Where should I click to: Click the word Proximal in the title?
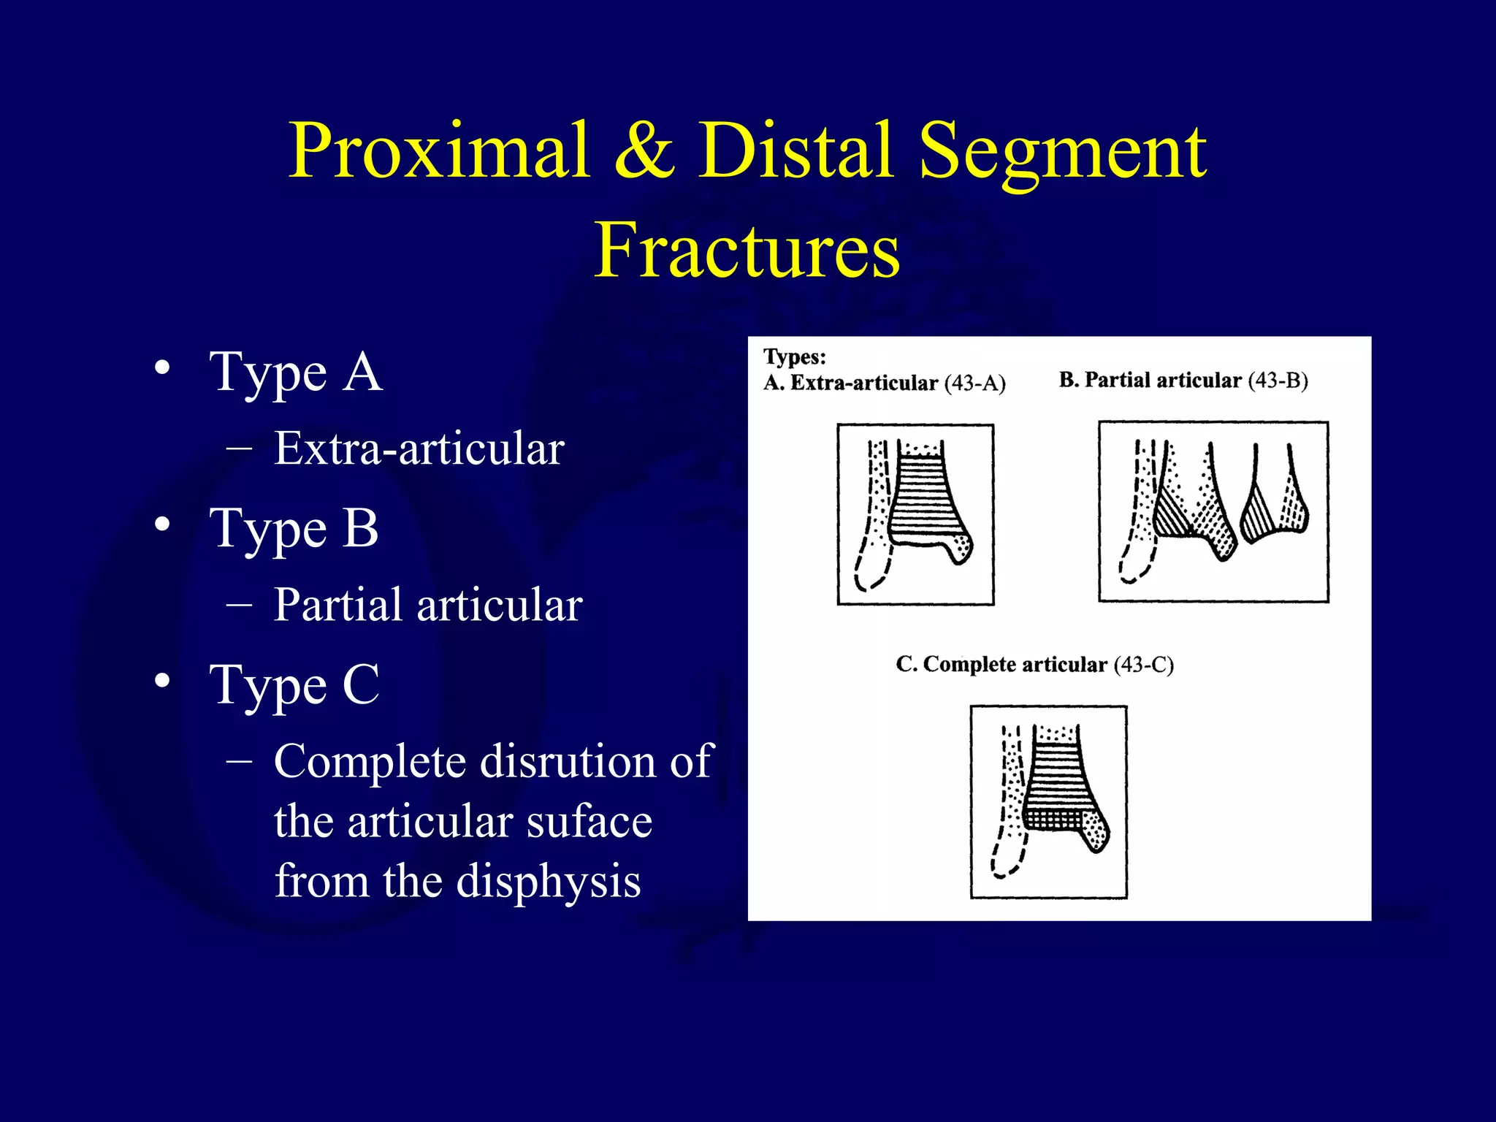click(x=439, y=151)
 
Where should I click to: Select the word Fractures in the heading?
click(x=747, y=251)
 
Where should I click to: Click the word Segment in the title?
click(x=1062, y=151)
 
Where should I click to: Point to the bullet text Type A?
click(x=296, y=373)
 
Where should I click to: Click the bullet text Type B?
click(x=294, y=529)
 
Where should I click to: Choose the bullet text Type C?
click(x=294, y=685)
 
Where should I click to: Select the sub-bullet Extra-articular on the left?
click(x=419, y=449)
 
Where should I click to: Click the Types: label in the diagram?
click(x=795, y=357)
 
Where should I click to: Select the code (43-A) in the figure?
click(x=975, y=383)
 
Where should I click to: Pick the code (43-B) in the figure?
click(x=1278, y=381)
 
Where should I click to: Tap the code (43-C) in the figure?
click(x=1143, y=665)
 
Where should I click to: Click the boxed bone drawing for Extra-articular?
click(x=915, y=514)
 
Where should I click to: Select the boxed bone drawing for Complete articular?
click(x=1048, y=801)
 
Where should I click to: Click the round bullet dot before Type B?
click(x=163, y=524)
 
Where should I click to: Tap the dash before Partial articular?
click(x=240, y=605)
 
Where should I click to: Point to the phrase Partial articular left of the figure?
click(x=427, y=606)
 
